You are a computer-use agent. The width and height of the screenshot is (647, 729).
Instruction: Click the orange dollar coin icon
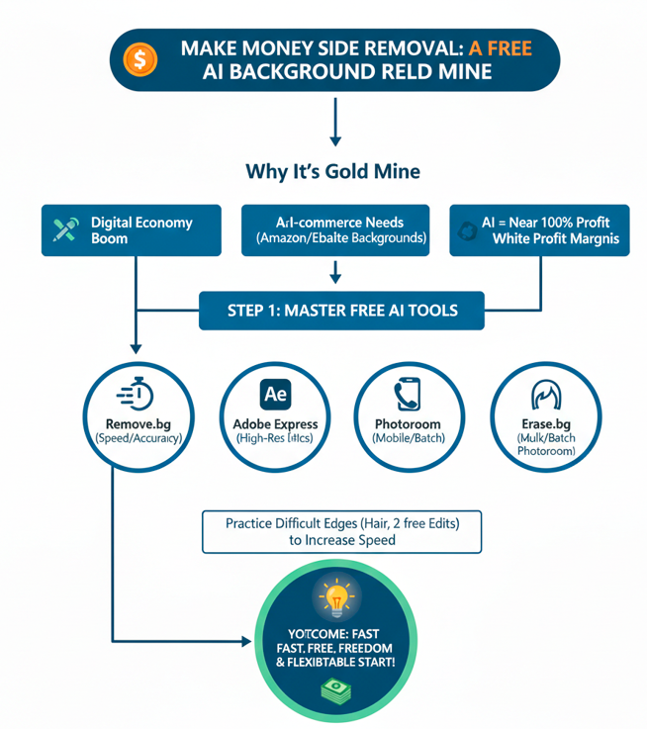(x=140, y=58)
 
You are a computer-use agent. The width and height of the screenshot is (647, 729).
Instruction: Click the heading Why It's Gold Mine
(x=332, y=171)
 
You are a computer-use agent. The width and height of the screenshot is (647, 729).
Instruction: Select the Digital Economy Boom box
(x=132, y=230)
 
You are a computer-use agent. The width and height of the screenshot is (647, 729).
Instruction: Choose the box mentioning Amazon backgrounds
(x=335, y=230)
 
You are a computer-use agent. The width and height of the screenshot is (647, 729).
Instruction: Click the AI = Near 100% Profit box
(x=538, y=230)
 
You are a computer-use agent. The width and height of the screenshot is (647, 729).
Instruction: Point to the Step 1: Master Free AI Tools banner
(x=342, y=310)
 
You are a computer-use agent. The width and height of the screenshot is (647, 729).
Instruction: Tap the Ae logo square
(x=274, y=394)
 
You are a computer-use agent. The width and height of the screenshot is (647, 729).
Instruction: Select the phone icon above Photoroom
(x=407, y=395)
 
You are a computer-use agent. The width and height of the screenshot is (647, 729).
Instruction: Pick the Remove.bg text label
(x=135, y=423)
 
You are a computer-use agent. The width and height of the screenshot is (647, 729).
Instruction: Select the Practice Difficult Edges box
(x=340, y=530)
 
